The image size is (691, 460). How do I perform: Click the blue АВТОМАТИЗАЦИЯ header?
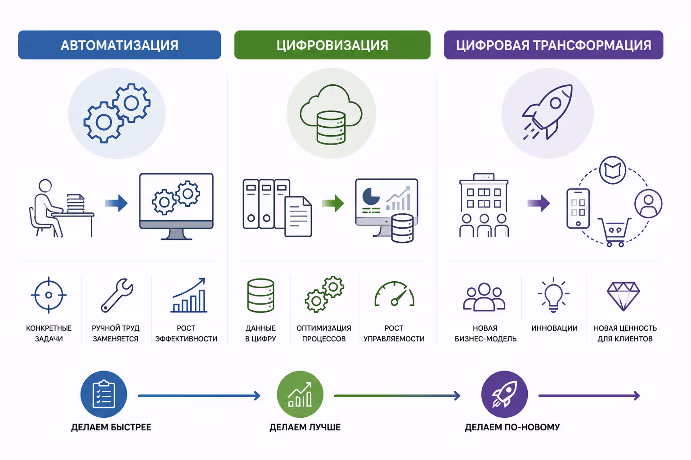(119, 45)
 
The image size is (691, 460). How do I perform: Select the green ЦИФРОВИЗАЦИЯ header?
(332, 45)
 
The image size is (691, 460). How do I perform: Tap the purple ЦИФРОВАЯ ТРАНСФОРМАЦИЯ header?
(553, 45)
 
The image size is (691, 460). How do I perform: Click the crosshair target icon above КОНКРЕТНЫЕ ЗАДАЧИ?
(49, 295)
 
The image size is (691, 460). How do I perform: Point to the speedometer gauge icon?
(394, 294)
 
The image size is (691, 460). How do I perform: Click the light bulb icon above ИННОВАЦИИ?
(553, 295)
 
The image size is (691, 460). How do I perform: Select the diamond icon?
(623, 296)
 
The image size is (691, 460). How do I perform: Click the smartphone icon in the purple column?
(578, 208)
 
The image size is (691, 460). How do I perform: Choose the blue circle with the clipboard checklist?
(103, 394)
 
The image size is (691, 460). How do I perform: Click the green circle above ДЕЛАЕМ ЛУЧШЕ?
(300, 394)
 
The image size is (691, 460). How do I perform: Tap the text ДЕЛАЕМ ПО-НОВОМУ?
(512, 427)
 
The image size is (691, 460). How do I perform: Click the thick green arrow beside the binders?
(333, 203)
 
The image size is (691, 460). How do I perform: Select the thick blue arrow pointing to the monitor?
(116, 203)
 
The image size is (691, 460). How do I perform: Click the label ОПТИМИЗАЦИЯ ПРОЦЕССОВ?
(324, 333)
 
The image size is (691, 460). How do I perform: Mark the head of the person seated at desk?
(45, 186)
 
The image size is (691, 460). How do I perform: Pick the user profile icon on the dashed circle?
(648, 203)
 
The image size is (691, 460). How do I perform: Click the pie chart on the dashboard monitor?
(371, 196)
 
